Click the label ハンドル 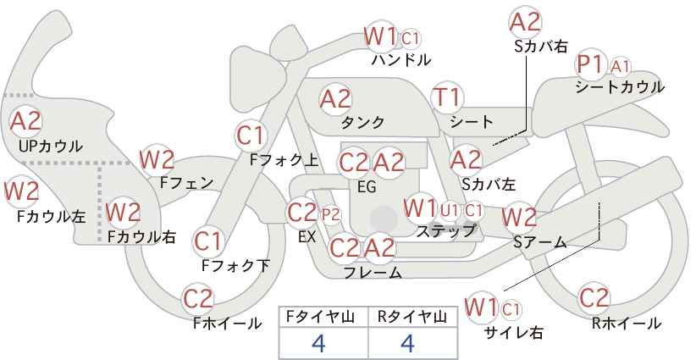click(401, 59)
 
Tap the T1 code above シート click(447, 97)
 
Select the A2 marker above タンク click(335, 99)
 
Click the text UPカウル click(51, 146)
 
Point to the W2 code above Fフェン click(157, 160)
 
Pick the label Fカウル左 click(52, 216)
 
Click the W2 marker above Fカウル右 click(124, 212)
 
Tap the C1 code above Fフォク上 click(251, 136)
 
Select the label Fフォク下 click(235, 265)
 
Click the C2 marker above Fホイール click(198, 299)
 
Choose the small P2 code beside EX click(331, 215)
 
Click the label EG click(367, 187)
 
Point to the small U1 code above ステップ click(450, 211)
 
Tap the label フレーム click(373, 272)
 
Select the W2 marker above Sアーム click(519, 218)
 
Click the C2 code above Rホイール click(594, 298)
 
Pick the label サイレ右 click(514, 332)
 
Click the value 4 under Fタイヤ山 click(318, 343)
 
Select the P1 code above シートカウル click(590, 65)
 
